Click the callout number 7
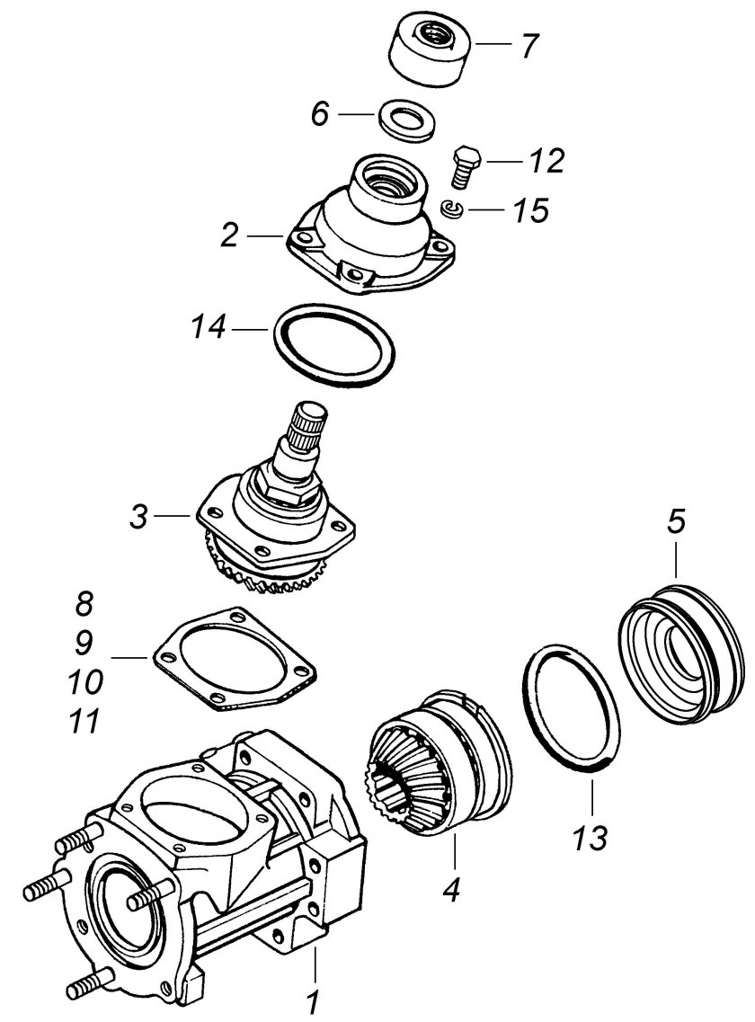pyautogui.click(x=529, y=45)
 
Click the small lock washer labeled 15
pyautogui.click(x=452, y=209)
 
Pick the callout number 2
pyautogui.click(x=230, y=236)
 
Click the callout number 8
pyautogui.click(x=84, y=603)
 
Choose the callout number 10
pyautogui.click(x=84, y=681)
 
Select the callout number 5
pyautogui.click(x=676, y=522)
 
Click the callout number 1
pyautogui.click(x=313, y=1000)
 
